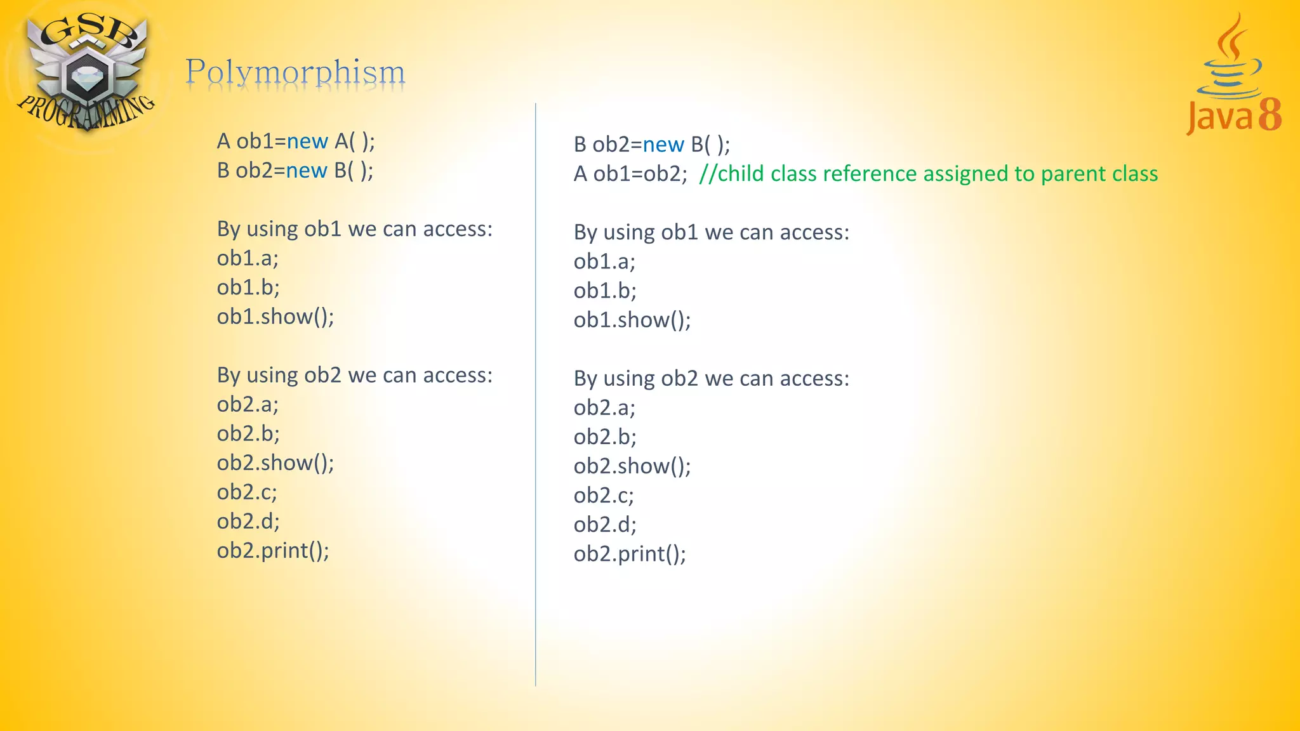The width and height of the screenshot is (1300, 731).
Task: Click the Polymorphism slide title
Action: coord(295,72)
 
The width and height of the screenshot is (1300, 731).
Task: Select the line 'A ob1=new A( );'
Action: coord(296,141)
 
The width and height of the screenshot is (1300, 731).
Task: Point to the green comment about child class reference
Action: coord(928,174)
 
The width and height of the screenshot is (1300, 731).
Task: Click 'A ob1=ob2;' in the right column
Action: coord(630,174)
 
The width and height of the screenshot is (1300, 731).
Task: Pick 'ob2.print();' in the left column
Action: coord(273,551)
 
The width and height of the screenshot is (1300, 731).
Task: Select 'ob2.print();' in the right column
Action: coord(630,554)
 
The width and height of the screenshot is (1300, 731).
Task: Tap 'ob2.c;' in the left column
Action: coord(247,492)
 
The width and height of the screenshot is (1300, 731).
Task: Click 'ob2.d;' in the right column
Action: coord(605,525)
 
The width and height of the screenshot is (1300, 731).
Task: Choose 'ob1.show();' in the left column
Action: coord(275,317)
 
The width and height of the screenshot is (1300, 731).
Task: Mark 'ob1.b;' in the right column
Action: coord(605,291)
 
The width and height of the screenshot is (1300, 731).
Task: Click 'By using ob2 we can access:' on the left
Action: coord(354,375)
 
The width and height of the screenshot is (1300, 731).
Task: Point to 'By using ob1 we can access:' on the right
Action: coord(711,232)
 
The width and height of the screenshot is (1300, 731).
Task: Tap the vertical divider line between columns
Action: coord(536,393)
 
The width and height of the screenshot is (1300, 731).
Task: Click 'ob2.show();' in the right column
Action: coord(632,466)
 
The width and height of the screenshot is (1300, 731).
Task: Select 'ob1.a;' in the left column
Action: coord(248,258)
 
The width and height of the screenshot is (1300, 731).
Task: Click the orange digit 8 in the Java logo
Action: coord(1270,115)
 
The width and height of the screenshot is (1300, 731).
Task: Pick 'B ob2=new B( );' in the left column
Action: coord(295,170)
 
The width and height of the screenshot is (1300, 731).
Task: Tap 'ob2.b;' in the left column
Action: coord(248,434)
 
